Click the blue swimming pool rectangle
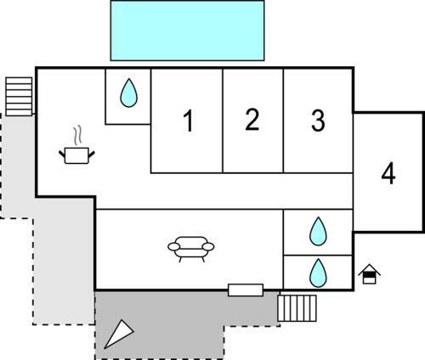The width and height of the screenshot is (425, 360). point(187,31)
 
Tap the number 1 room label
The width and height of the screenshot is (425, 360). point(188,121)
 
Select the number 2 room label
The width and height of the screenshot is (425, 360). point(252,120)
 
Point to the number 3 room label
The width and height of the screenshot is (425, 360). point(318,121)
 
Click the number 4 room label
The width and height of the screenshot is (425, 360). point(388,174)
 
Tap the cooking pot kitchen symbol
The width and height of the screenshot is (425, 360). point(76,155)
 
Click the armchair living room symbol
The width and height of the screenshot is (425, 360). point(191,249)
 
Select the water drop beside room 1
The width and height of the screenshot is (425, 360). point(128,93)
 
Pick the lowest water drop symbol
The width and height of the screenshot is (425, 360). point(318,273)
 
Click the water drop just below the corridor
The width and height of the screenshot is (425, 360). point(318,231)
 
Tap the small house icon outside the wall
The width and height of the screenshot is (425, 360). point(369,273)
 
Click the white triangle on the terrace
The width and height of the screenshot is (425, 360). point(119,334)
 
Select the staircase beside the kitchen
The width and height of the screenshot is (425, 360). point(19,97)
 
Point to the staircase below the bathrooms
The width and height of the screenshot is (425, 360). point(297,308)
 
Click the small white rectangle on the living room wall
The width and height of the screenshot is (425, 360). point(246,290)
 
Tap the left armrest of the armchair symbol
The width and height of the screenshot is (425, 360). point(173,247)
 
